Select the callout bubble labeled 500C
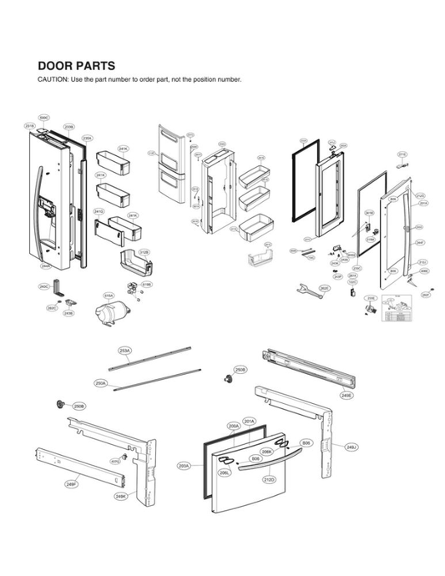pyautogui.click(x=44, y=119)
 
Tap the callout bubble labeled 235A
pyautogui.click(x=88, y=139)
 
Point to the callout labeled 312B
pyautogui.click(x=144, y=252)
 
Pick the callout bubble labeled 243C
pyautogui.click(x=43, y=286)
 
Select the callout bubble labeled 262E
pyautogui.click(x=325, y=289)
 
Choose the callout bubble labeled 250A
pyautogui.click(x=100, y=383)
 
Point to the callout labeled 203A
pyautogui.click(x=184, y=466)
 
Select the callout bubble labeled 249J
pyautogui.click(x=351, y=447)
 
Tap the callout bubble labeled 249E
pyautogui.click(x=346, y=396)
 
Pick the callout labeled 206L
pyautogui.click(x=225, y=472)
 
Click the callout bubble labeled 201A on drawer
pyautogui.click(x=249, y=421)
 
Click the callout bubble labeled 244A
pyautogui.click(x=47, y=266)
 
